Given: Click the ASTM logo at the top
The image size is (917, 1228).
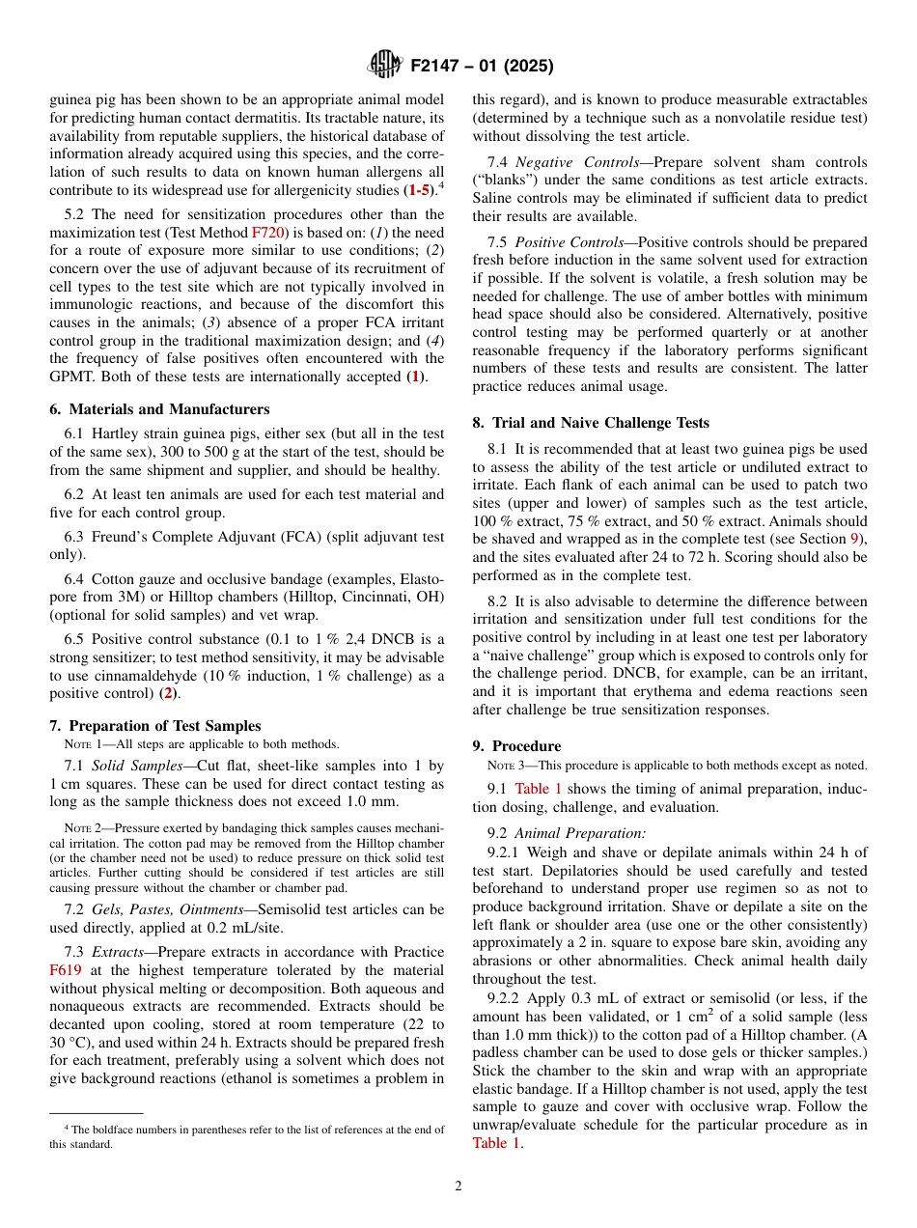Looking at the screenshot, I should pos(385,66).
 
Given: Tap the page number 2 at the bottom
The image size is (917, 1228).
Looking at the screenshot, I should pos(458,1186).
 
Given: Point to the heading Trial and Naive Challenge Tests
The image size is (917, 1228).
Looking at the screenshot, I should pos(599,423).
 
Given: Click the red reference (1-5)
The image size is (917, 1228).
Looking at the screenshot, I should pos(418,190).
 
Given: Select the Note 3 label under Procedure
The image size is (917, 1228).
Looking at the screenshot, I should pos(507,766).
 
